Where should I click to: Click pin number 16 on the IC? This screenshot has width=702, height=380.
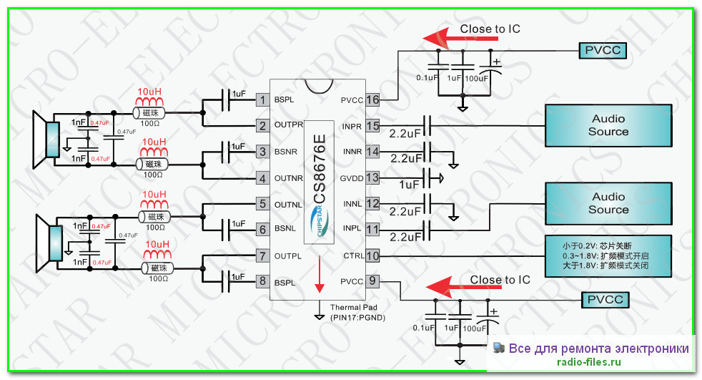[x=372, y=99]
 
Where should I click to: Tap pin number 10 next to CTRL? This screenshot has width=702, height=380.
[x=372, y=255]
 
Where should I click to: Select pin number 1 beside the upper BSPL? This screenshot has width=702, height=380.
[x=262, y=99]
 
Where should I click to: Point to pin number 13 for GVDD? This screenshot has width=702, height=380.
[x=372, y=177]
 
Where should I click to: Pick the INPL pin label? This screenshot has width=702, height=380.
[x=352, y=230]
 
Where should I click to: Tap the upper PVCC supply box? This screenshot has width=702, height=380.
[x=603, y=50]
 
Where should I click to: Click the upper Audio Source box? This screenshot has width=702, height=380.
[x=608, y=125]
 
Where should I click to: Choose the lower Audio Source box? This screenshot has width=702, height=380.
[x=608, y=203]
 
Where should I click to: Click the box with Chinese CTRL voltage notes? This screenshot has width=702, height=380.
[x=608, y=255]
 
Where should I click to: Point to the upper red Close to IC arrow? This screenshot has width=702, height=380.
[x=441, y=36]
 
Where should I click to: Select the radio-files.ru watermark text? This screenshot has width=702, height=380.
[x=588, y=363]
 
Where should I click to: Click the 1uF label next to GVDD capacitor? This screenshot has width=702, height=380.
[x=410, y=185]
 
